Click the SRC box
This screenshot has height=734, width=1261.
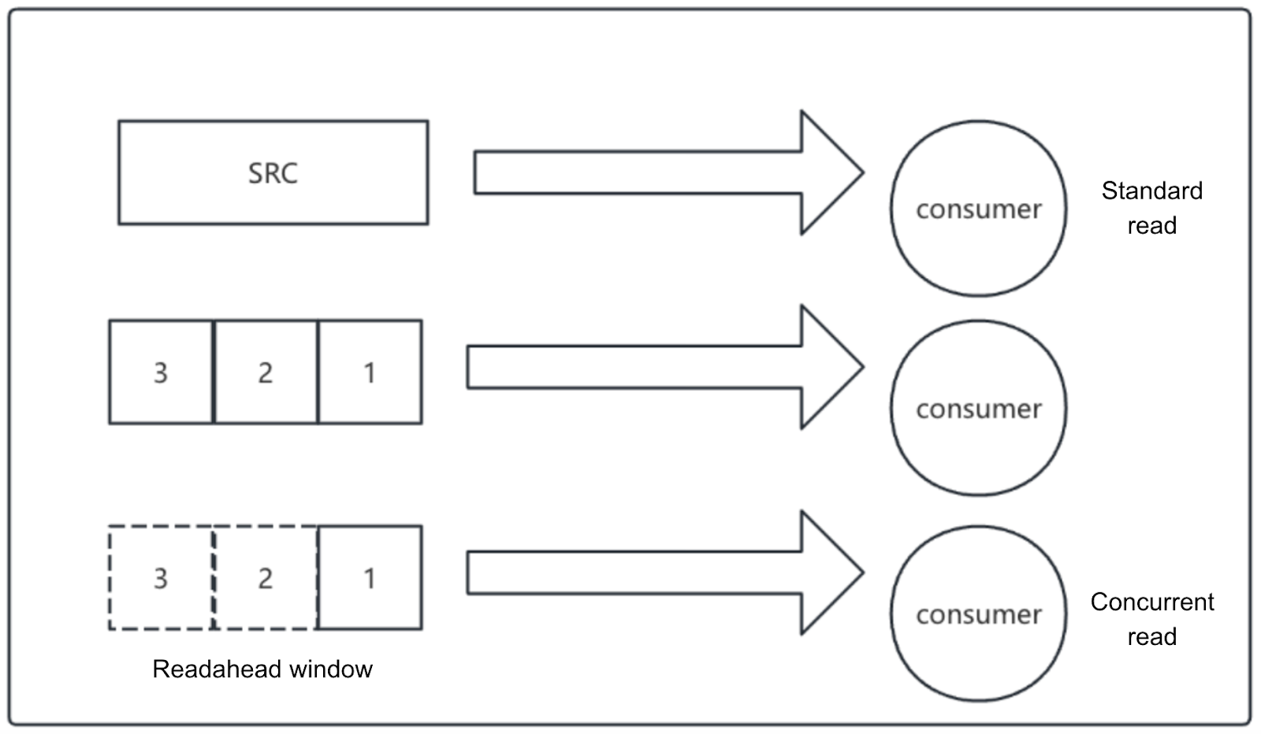(273, 172)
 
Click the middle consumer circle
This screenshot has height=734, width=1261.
(978, 441)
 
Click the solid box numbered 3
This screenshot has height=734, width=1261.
(161, 372)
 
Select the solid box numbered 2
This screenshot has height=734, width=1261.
(266, 372)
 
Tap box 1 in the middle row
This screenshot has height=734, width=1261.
(370, 372)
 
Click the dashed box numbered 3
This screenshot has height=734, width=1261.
(161, 577)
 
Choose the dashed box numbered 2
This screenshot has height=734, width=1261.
(266, 577)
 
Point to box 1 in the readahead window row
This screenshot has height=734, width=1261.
(370, 577)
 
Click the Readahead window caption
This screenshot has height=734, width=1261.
(262, 669)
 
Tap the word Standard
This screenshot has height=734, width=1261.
(1151, 191)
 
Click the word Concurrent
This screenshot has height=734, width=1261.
(1151, 602)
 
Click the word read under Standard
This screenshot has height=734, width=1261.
(1151, 225)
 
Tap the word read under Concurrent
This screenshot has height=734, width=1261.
(1151, 636)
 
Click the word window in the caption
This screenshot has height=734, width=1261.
(331, 669)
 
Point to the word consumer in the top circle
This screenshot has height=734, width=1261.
(978, 209)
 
